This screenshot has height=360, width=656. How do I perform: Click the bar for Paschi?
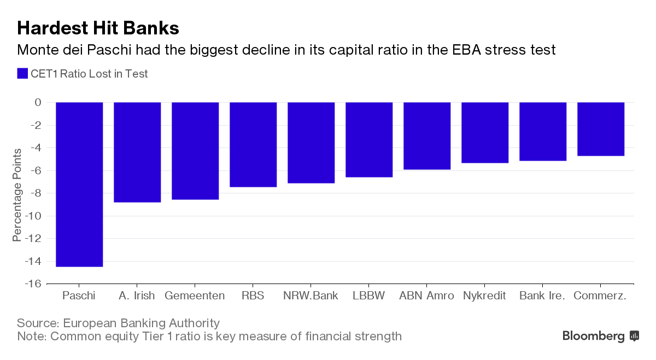79,184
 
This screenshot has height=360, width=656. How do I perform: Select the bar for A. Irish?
137,152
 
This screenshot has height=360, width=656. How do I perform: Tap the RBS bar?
253,144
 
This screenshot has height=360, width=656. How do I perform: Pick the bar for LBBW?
369,139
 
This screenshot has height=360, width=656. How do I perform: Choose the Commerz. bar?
601,129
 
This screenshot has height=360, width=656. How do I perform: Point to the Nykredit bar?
485,132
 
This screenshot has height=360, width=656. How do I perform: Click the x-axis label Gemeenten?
195,296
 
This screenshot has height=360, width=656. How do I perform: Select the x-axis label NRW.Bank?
311,296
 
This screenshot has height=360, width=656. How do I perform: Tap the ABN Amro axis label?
426,296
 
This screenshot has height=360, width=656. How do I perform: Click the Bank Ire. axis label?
542,296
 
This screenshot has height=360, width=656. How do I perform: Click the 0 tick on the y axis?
38,102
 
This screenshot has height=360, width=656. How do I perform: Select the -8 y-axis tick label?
34,193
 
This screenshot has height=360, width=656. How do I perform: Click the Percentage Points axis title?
17,194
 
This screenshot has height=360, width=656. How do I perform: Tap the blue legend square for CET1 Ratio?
22,74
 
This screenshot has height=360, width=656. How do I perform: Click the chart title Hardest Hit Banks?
98,28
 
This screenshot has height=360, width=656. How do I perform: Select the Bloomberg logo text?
593,336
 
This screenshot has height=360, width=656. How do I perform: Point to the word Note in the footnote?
31,336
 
